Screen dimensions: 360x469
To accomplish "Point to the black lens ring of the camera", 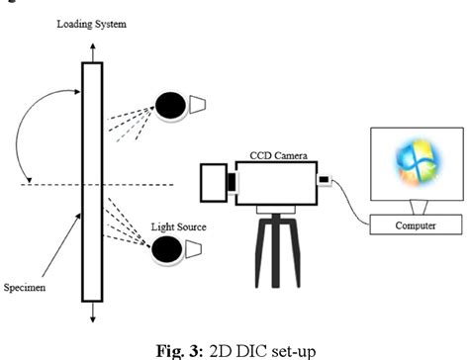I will [x=231, y=183].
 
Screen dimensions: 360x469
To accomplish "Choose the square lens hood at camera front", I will [x=213, y=182].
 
